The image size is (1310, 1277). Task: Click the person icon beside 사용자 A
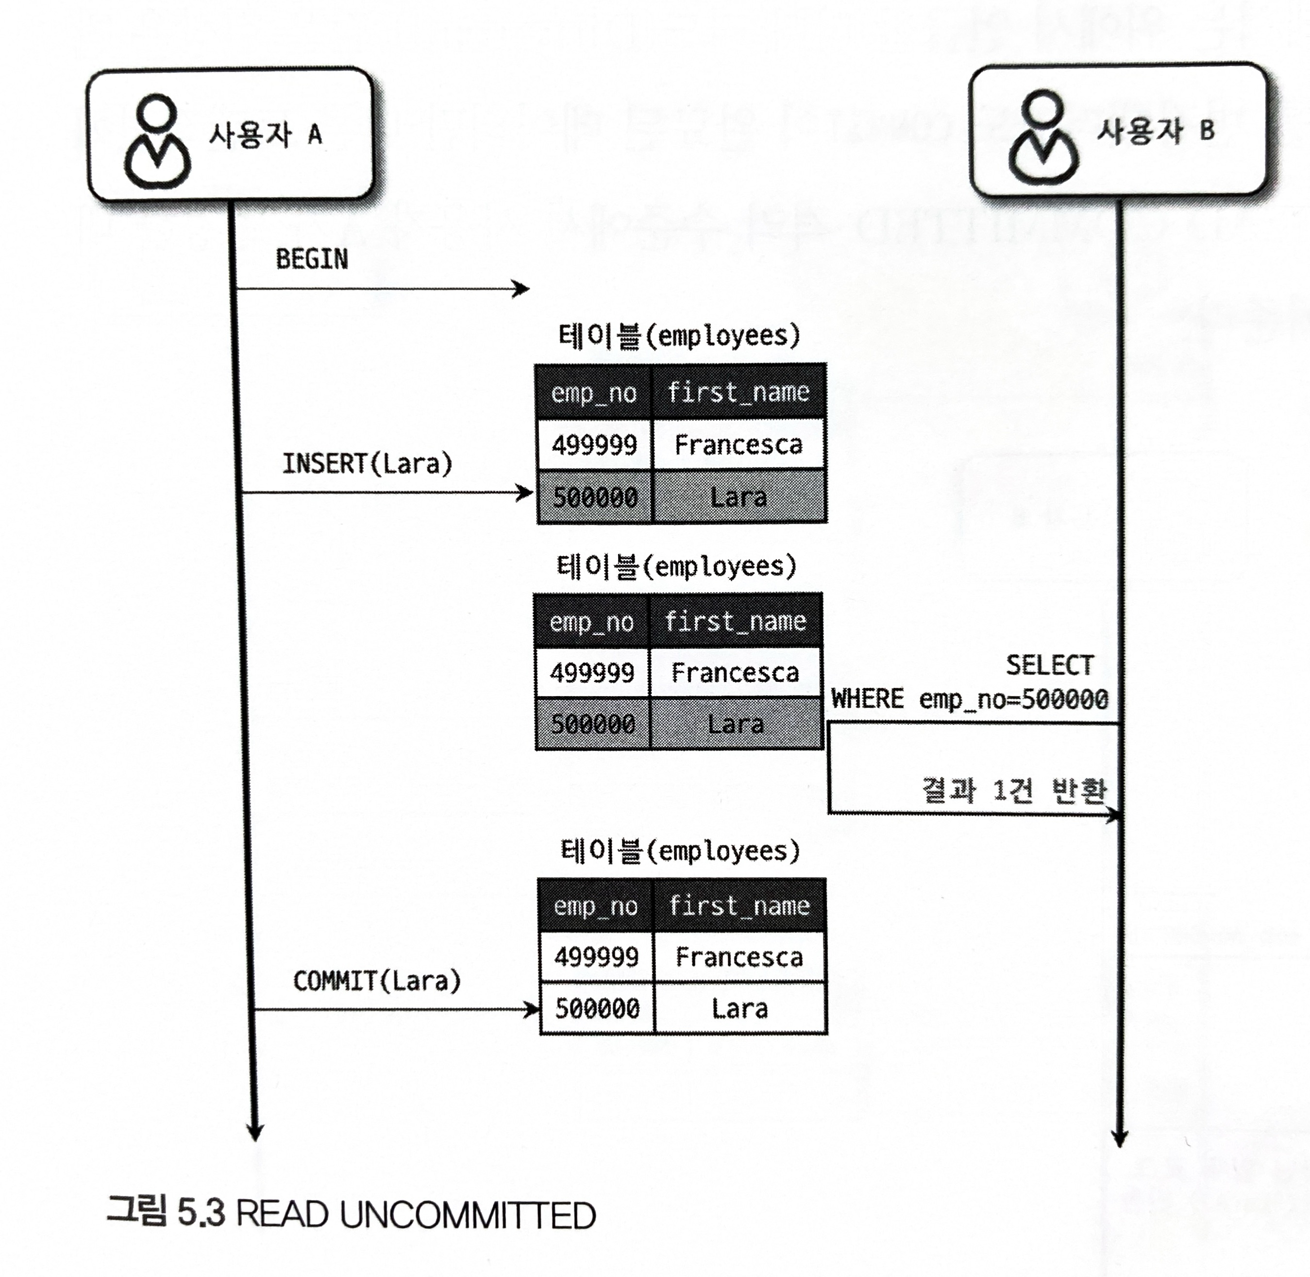(157, 141)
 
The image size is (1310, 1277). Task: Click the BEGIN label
(312, 259)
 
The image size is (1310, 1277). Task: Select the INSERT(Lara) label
(367, 463)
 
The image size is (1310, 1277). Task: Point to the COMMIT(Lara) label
(377, 981)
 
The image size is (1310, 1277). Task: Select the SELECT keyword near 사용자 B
(1049, 665)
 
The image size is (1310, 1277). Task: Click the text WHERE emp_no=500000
(970, 699)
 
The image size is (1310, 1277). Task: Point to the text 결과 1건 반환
(1014, 790)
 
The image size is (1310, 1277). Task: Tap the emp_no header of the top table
(593, 393)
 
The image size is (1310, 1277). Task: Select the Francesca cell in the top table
(738, 444)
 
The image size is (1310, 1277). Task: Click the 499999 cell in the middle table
(592, 673)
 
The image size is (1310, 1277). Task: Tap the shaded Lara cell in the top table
(738, 497)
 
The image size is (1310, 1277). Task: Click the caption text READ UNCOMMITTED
(416, 1215)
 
